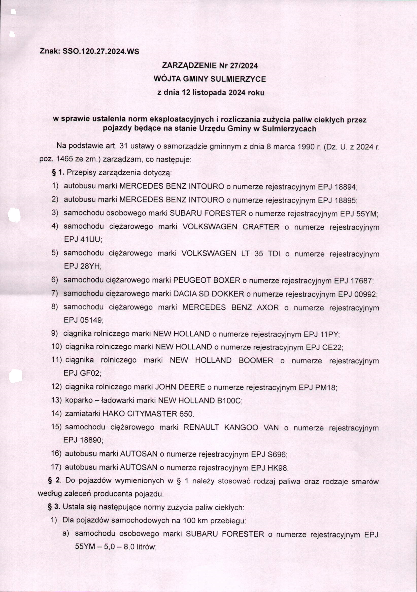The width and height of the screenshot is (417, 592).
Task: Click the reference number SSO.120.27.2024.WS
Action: pyautogui.click(x=101, y=52)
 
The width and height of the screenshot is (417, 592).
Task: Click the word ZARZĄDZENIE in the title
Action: pyautogui.click(x=189, y=66)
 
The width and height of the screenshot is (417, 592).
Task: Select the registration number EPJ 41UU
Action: pyautogui.click(x=82, y=240)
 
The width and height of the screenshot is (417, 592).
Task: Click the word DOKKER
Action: pyautogui.click(x=229, y=294)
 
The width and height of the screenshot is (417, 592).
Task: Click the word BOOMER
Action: pyautogui.click(x=256, y=360)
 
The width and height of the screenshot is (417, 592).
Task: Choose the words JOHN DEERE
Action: pyautogui.click(x=179, y=387)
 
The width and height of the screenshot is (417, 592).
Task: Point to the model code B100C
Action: pyautogui.click(x=229, y=400)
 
